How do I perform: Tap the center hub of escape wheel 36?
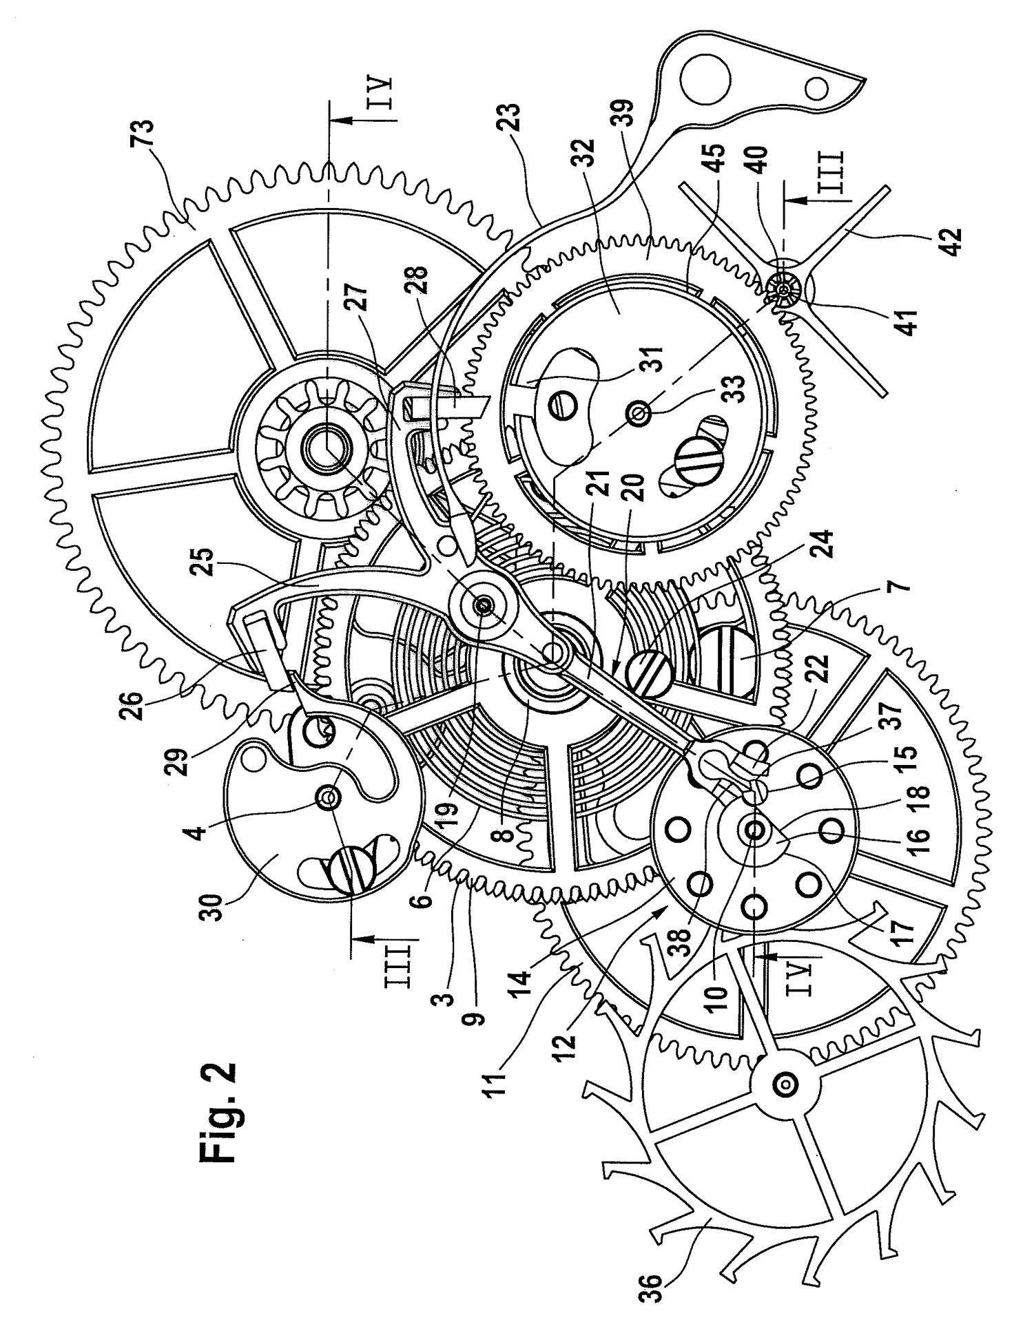tap(785, 1085)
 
